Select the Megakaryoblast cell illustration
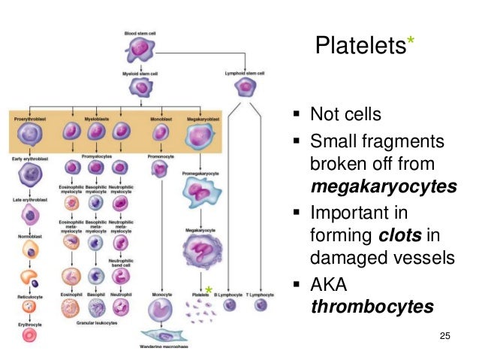click(200, 134)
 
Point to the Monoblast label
click(160, 118)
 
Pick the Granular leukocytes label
click(94, 331)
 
